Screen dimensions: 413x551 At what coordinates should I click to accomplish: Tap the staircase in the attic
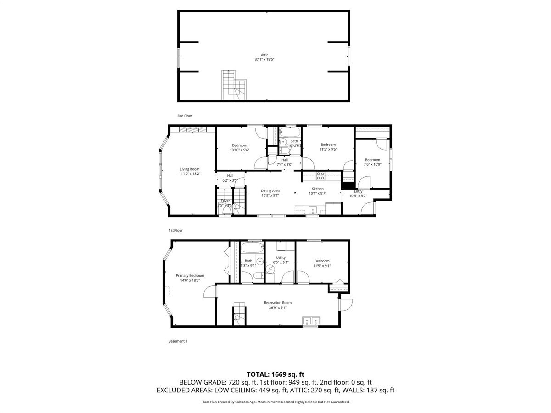(x=235, y=85)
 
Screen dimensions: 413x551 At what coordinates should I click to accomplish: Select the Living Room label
(x=189, y=169)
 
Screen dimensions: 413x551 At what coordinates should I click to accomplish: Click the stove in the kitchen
(x=321, y=175)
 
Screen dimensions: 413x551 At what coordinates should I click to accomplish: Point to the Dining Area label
(x=270, y=190)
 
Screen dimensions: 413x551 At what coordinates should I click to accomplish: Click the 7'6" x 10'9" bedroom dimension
(x=372, y=164)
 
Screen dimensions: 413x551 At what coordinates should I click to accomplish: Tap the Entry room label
(x=358, y=191)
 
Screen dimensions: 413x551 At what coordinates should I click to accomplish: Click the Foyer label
(x=225, y=201)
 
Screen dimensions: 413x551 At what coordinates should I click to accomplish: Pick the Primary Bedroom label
(x=190, y=275)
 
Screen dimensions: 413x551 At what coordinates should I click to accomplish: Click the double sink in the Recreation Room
(x=311, y=320)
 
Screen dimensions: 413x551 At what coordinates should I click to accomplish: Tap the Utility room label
(x=281, y=257)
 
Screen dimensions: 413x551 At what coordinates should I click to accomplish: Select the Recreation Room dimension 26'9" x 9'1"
(x=277, y=308)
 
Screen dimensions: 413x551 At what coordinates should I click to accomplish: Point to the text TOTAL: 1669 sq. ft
(x=275, y=374)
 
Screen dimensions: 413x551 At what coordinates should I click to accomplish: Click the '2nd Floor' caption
(x=185, y=116)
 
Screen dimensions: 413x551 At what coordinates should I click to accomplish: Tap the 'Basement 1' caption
(x=178, y=341)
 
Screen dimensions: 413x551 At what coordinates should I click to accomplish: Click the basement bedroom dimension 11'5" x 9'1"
(x=322, y=266)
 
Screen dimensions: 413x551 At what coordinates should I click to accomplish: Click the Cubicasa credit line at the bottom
(x=275, y=402)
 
